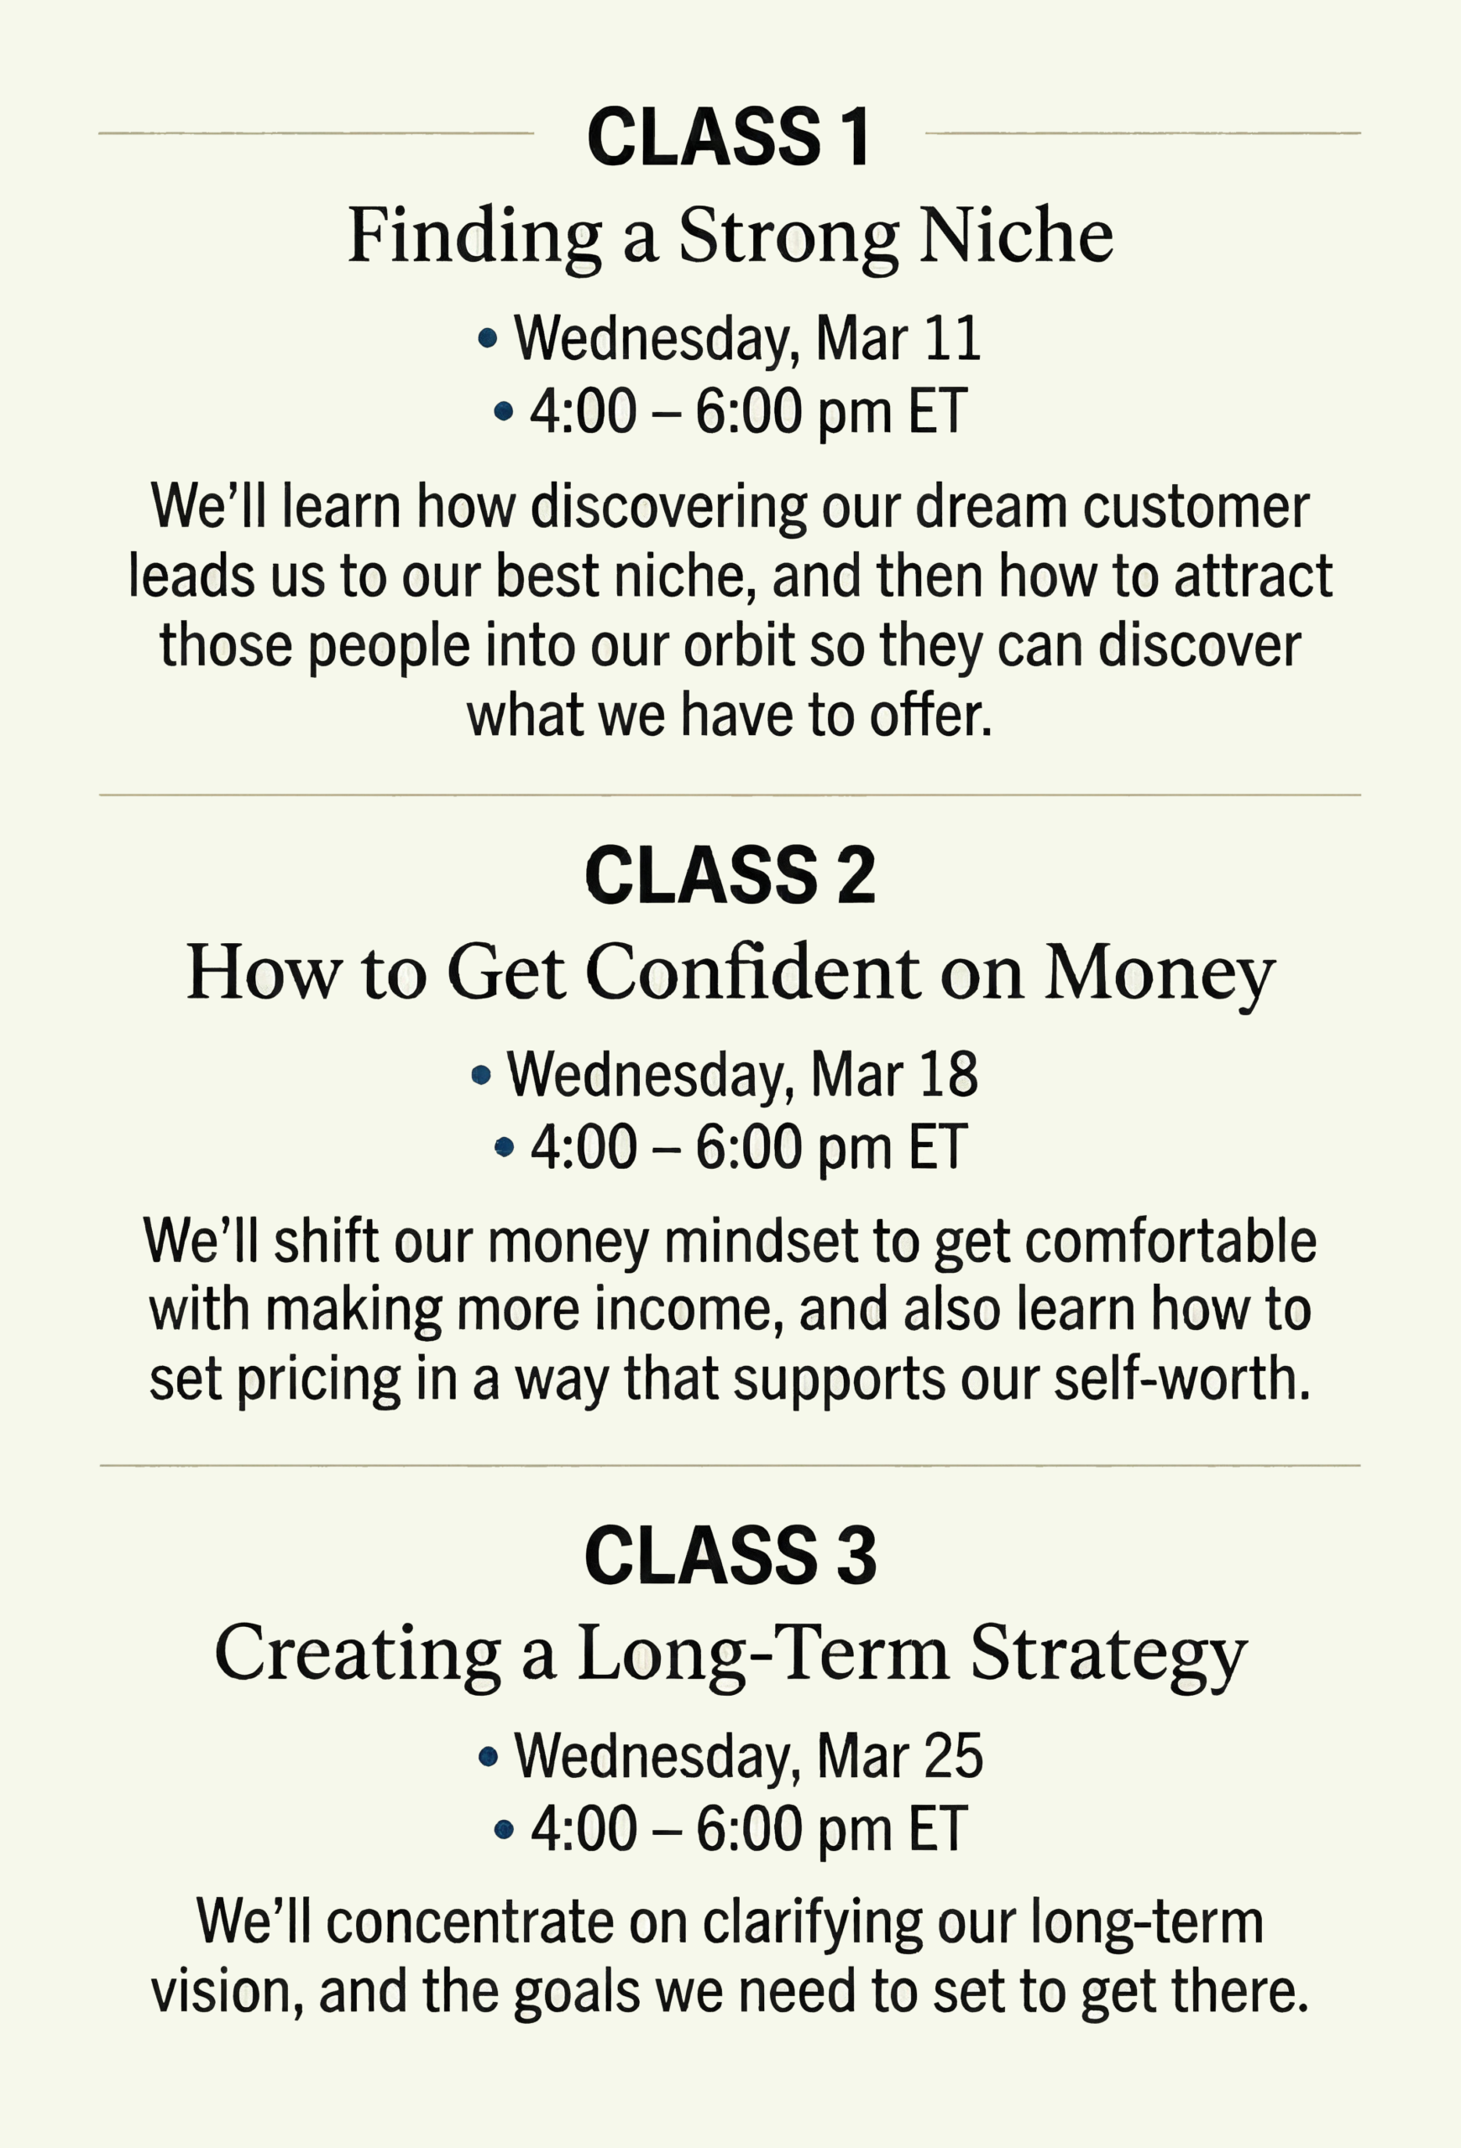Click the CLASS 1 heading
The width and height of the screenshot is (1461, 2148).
click(x=729, y=137)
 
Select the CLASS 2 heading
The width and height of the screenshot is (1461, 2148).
click(x=730, y=875)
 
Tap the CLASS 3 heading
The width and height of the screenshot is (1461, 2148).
click(x=730, y=1556)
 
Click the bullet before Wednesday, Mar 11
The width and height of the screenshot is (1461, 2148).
click(x=487, y=339)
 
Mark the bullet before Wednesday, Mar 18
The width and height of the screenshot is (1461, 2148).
click(x=481, y=1075)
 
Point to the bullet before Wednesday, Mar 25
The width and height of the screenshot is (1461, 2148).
click(x=488, y=1757)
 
